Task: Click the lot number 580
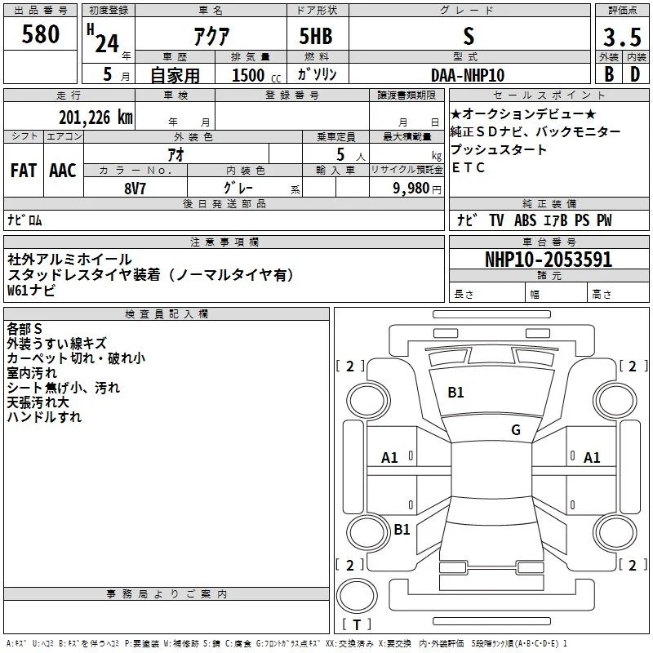click(x=40, y=33)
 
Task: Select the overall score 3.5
click(x=622, y=37)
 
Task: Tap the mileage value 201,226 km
click(x=96, y=118)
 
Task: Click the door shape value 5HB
click(x=316, y=36)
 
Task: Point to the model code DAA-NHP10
click(x=468, y=75)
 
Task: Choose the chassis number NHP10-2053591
click(x=549, y=260)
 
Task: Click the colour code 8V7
click(x=135, y=189)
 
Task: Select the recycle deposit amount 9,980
click(x=411, y=188)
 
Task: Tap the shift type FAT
click(x=24, y=171)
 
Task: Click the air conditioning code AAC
click(x=63, y=171)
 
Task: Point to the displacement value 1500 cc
click(x=256, y=75)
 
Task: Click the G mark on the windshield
click(x=516, y=429)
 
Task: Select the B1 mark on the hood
click(x=455, y=393)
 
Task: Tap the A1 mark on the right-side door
click(x=592, y=458)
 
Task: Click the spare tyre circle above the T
click(x=357, y=596)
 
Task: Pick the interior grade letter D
click(x=635, y=74)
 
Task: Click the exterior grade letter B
click(x=609, y=74)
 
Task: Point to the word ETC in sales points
click(x=468, y=167)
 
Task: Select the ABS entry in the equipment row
click(x=525, y=220)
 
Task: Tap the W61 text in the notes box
click(x=17, y=290)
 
